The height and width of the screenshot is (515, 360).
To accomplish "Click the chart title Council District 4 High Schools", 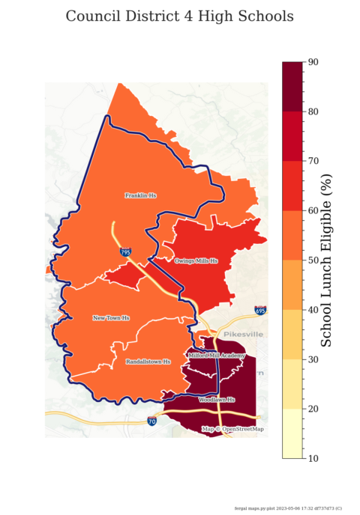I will tap(179, 16).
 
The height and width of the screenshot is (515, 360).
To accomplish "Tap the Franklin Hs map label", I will tap(140, 195).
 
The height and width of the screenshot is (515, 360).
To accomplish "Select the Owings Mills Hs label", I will tap(196, 261).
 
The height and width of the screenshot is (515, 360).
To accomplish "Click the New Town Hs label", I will tap(111, 318).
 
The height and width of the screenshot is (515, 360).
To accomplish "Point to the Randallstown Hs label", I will tap(148, 362).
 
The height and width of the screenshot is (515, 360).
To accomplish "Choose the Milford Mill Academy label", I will tap(217, 356).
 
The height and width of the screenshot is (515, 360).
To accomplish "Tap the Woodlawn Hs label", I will tap(217, 400).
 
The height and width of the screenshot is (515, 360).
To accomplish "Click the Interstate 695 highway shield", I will tap(260, 310).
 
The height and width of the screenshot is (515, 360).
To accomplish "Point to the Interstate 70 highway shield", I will tap(152, 421).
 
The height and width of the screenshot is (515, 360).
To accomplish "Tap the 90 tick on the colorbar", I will tap(314, 62).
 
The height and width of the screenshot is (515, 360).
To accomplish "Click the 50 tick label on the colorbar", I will tap(314, 260).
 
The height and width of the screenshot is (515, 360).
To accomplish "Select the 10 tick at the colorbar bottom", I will tap(314, 457).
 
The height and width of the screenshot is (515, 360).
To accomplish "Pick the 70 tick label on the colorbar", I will tap(314, 161).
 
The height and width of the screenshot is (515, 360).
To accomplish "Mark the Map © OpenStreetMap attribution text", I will tap(232, 429).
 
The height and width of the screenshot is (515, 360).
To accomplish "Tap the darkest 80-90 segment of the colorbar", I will tap(292, 87).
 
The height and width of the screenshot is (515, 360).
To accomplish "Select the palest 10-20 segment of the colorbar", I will tap(292, 433).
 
